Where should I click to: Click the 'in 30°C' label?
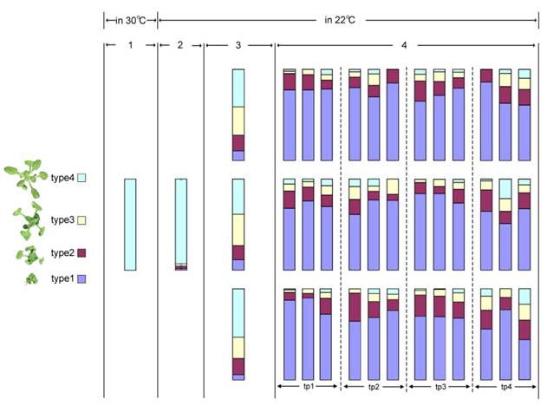click(x=130, y=19)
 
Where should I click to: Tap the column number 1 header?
click(x=130, y=44)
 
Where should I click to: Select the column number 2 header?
click(x=180, y=44)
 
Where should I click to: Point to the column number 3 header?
click(x=238, y=44)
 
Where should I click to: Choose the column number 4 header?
click(x=405, y=44)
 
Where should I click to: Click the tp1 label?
click(x=308, y=387)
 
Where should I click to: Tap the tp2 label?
click(x=374, y=387)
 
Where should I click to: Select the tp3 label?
click(x=440, y=387)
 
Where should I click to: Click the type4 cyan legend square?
click(x=82, y=178)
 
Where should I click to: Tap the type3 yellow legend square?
click(x=82, y=220)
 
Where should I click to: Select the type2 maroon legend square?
click(x=82, y=253)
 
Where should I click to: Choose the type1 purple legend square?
click(x=82, y=279)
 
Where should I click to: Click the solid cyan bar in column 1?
click(x=130, y=225)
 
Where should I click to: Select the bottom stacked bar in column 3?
click(x=238, y=334)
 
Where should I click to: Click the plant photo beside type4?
click(x=25, y=177)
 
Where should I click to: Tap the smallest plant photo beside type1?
click(x=30, y=279)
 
